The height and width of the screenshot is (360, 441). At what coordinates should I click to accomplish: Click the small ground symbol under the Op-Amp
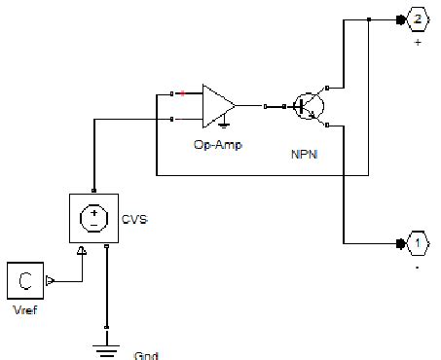pyautogui.click(x=224, y=124)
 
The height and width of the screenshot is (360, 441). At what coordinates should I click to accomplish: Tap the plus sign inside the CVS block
pyautogui.click(x=93, y=209)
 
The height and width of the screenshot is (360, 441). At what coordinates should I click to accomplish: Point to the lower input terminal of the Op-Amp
pyautogui.click(x=173, y=119)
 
